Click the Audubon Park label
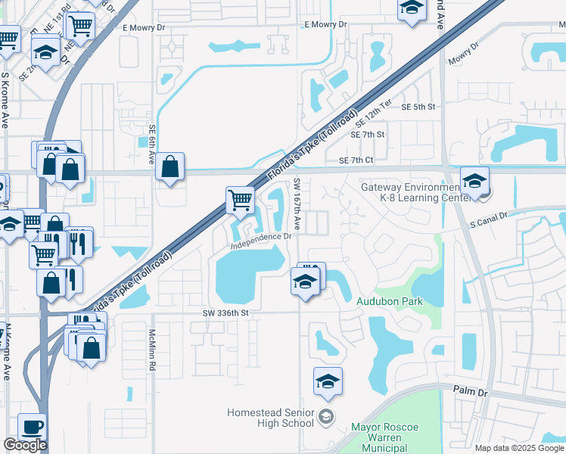click(389, 301)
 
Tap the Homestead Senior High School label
click(271, 418)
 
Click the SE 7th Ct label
click(356, 160)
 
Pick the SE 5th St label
click(419, 107)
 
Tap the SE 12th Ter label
click(377, 117)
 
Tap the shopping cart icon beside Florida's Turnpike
click(240, 200)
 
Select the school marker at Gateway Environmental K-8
click(474, 182)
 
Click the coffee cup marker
click(32, 427)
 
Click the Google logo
click(25, 445)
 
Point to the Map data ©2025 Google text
click(518, 448)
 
